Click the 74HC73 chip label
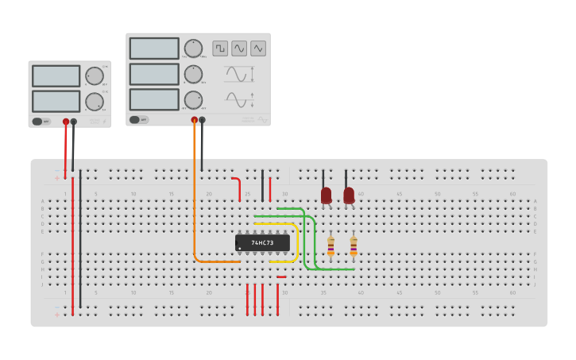(262, 242)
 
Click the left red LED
(326, 195)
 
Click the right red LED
(349, 195)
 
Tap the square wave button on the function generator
(220, 48)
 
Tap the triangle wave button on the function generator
(258, 48)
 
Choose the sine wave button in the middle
(239, 48)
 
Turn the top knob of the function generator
(193, 48)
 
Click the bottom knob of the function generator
(193, 100)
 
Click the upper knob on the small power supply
(95, 76)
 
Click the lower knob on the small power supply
(95, 102)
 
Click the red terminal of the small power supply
(66, 122)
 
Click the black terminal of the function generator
(202, 120)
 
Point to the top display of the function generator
(154, 48)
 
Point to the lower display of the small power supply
(56, 102)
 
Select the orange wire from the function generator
(194, 199)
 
